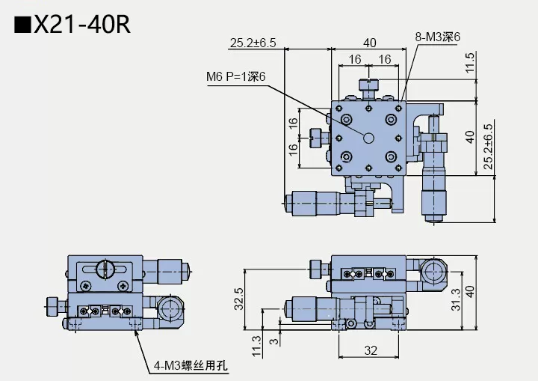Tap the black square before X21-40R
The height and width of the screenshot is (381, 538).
(22, 25)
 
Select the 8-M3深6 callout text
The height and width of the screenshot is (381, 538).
(437, 36)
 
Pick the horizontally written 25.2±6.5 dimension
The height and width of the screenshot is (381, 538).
(253, 43)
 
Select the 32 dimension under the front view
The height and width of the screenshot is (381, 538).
(371, 350)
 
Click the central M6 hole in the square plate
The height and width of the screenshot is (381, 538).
(368, 138)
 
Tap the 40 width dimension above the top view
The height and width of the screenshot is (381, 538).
(369, 43)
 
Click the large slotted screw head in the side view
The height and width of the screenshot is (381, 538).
(106, 269)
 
